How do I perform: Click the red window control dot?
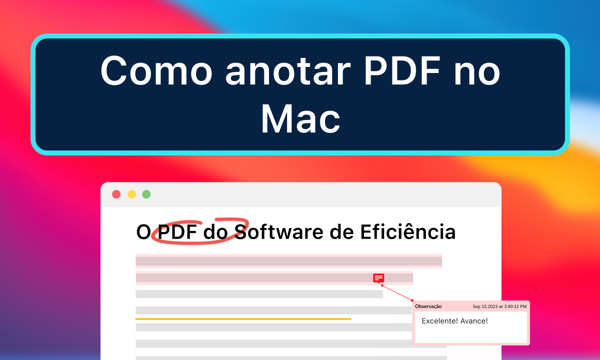click(x=116, y=194)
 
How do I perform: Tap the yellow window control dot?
click(x=131, y=194)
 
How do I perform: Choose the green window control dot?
click(x=146, y=194)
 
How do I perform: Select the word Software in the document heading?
click(x=277, y=232)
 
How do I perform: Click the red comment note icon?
click(x=378, y=278)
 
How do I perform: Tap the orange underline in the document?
click(x=243, y=318)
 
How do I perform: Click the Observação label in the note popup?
click(x=428, y=306)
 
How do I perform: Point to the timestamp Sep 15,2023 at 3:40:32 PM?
click(x=499, y=306)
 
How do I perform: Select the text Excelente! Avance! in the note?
click(x=454, y=321)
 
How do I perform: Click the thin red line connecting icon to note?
click(x=397, y=293)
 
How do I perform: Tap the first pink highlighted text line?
click(x=288, y=261)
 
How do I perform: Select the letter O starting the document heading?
click(x=143, y=232)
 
